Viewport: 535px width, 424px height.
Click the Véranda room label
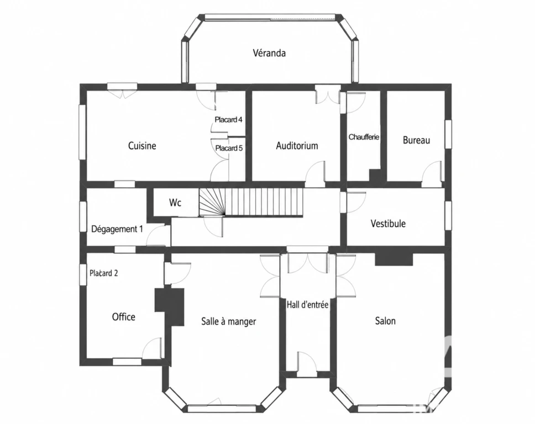[x=269, y=53]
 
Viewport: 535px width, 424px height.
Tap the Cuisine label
[x=142, y=146]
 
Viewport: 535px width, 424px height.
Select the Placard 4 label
[x=229, y=120]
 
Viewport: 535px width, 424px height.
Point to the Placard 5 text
[x=229, y=149]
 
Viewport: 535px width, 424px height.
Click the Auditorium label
[x=297, y=146]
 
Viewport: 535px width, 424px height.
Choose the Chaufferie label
[x=364, y=137]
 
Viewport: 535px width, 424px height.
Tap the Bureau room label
[x=416, y=140]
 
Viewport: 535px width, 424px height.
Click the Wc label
[x=175, y=203]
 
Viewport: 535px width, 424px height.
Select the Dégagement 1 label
[x=117, y=229]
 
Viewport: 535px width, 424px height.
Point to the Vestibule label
[x=388, y=224]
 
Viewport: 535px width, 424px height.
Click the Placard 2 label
[x=104, y=273]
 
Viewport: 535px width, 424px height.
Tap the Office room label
[x=123, y=317]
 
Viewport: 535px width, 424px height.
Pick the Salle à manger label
[x=229, y=321]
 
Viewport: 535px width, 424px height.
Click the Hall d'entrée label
[x=307, y=305]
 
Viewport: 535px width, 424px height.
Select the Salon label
[x=385, y=321]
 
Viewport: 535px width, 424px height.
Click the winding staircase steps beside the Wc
[x=212, y=202]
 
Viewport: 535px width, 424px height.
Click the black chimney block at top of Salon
[x=394, y=259]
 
